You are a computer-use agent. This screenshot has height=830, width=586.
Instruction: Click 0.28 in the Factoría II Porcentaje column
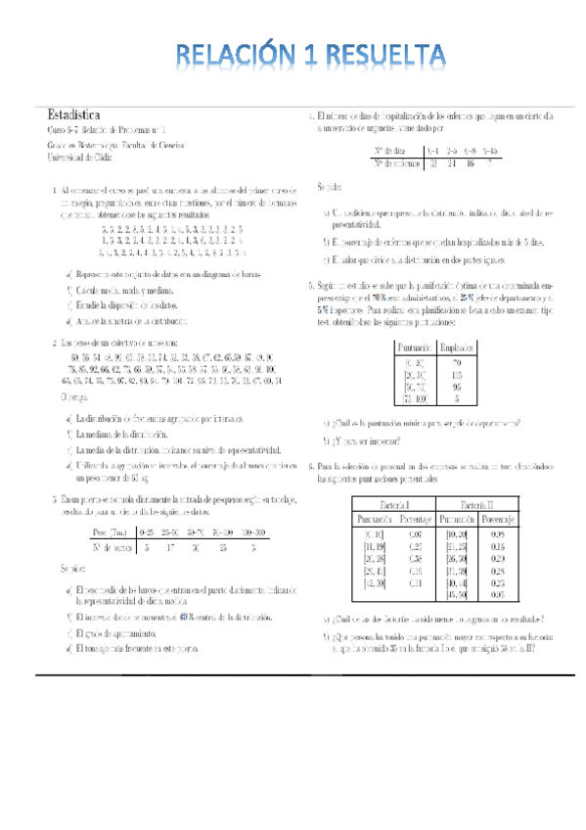tap(499, 568)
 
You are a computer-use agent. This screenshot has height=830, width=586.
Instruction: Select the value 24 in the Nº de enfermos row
tap(452, 162)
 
